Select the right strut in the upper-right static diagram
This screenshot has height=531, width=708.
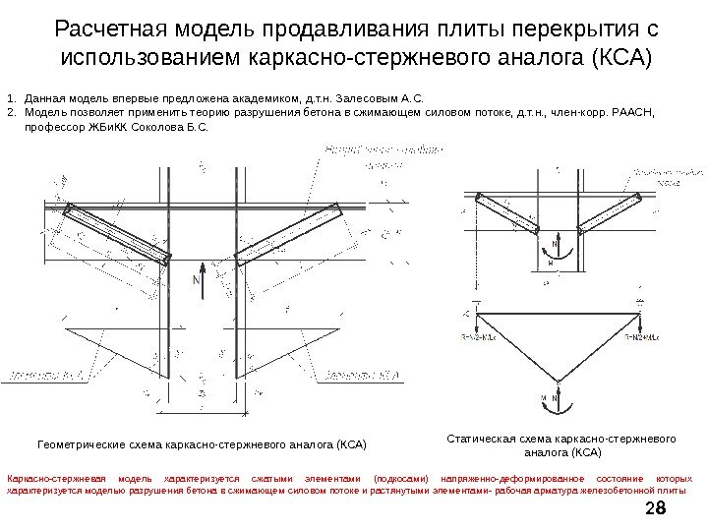point(610,213)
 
